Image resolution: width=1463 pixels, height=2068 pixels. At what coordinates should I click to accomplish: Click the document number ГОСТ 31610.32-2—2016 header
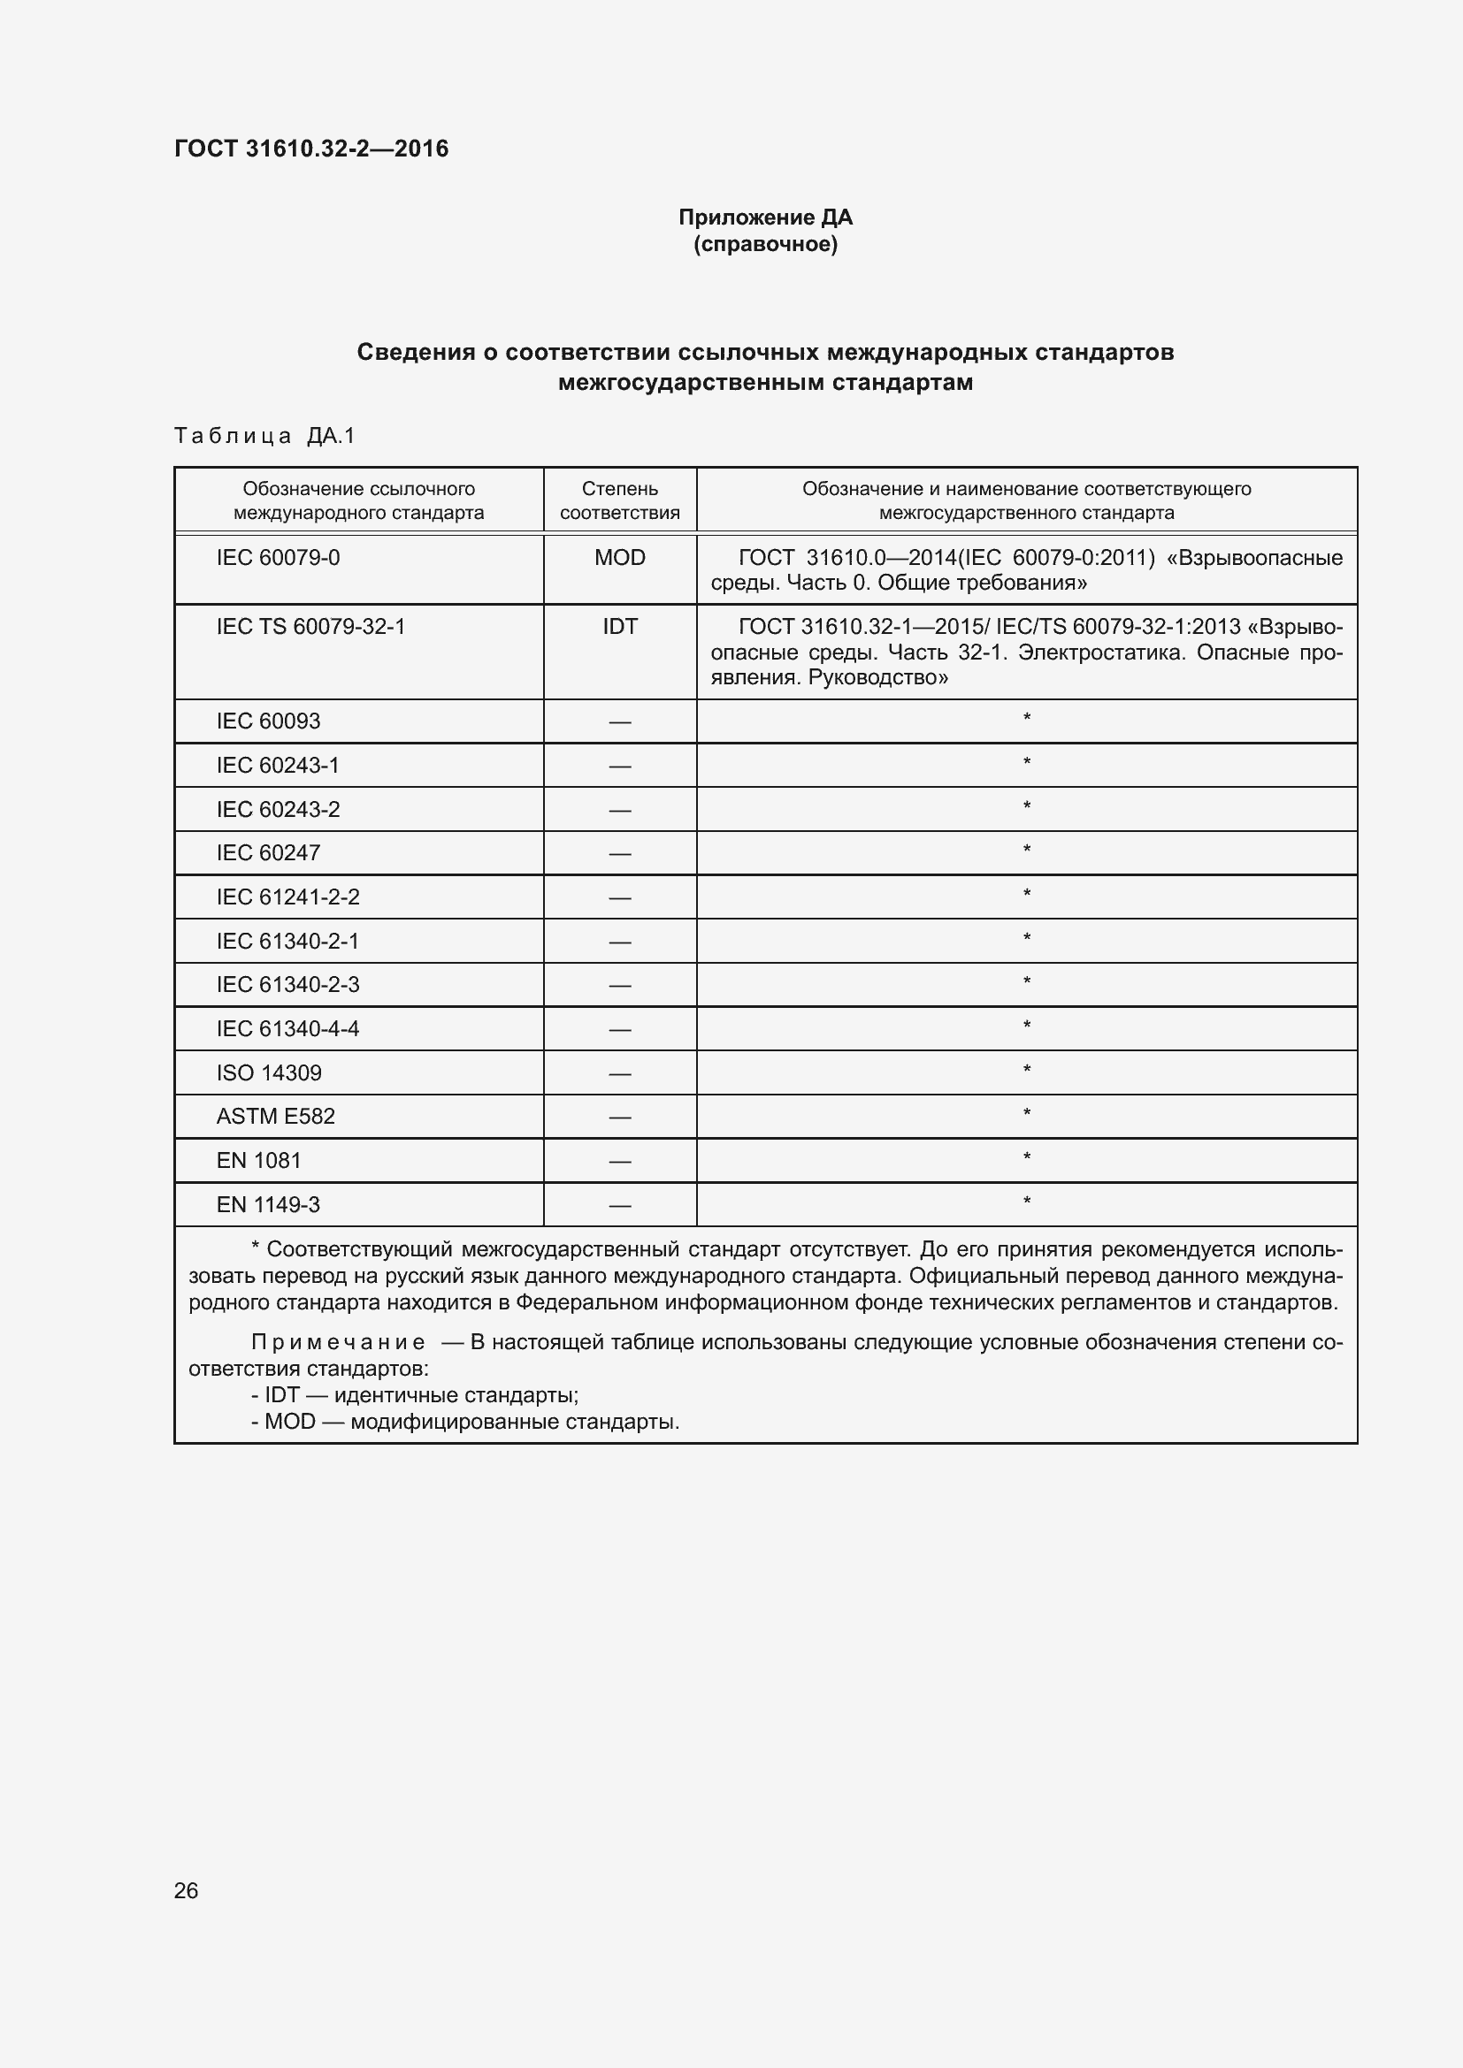(310, 149)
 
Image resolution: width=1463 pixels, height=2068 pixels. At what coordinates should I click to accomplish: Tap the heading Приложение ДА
(765, 217)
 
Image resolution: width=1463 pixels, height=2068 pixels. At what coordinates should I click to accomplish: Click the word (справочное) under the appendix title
(765, 244)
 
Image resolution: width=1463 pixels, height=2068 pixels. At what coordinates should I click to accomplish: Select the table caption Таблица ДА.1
(264, 436)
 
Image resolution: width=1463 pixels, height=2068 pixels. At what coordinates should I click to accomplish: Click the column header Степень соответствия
(620, 500)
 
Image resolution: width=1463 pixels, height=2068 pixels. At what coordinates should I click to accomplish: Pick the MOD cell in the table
(620, 558)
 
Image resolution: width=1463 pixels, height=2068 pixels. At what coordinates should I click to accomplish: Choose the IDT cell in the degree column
(620, 626)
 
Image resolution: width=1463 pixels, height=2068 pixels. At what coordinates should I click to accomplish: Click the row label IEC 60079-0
(279, 558)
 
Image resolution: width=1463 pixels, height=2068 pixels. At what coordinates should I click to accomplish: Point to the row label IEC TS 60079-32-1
(310, 626)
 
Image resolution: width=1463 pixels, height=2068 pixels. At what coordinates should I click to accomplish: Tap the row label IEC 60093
(269, 721)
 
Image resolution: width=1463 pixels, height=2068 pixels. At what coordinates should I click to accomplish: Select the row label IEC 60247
(269, 852)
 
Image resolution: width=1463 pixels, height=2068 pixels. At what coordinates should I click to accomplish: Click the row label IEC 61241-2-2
(287, 897)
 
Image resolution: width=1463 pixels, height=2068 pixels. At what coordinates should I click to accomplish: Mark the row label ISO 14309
(269, 1072)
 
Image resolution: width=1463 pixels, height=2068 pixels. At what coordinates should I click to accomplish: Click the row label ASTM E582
(276, 1116)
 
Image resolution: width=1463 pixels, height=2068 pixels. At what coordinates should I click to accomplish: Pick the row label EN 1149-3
(269, 1204)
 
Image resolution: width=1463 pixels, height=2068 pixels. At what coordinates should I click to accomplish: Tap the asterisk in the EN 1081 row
(1026, 1157)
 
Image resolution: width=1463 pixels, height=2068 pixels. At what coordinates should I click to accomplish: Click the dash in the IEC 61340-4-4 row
(620, 1028)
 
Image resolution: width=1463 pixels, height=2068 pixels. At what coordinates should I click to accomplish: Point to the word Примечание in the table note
(338, 1342)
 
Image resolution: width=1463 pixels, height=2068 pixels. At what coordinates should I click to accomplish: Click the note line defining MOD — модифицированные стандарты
(466, 1422)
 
